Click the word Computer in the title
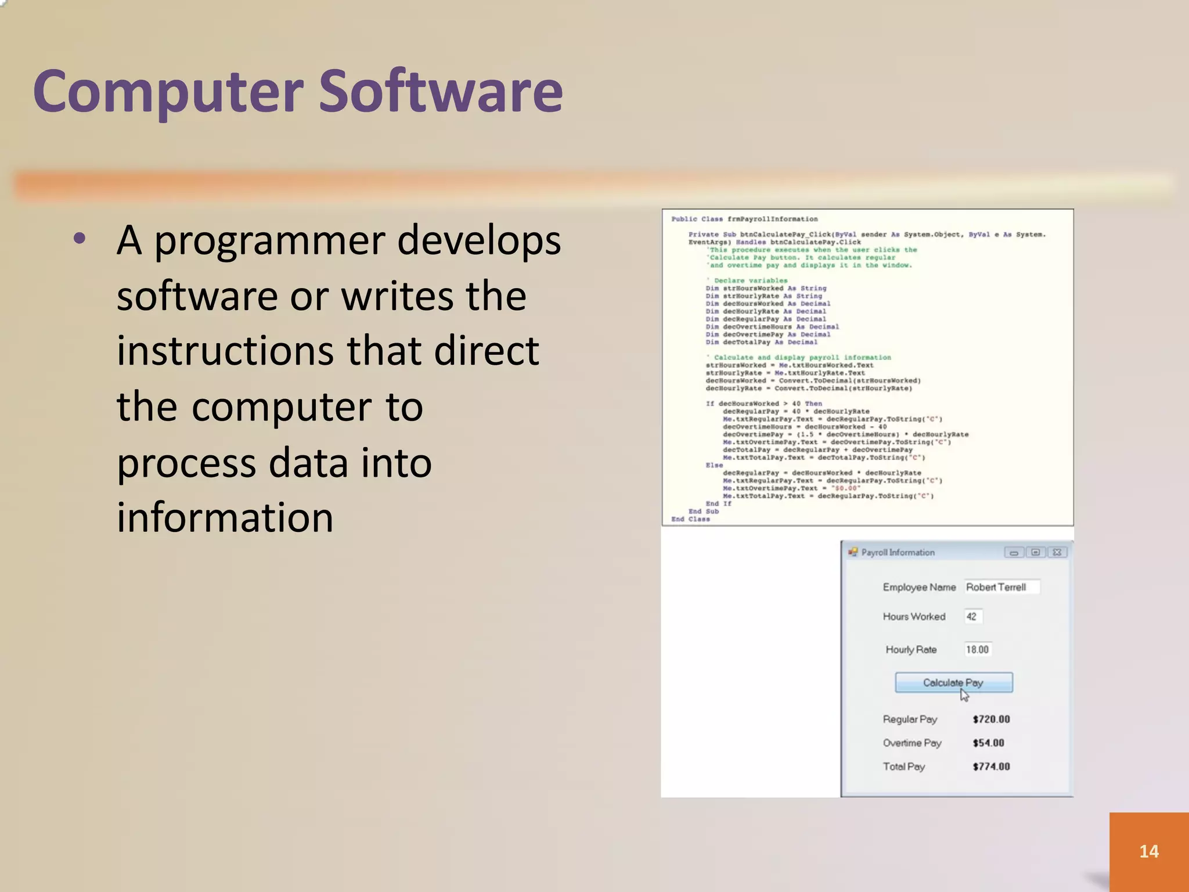168,92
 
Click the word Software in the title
441,92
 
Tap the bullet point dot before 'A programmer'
80,239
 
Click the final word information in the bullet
225,517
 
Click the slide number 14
1148,851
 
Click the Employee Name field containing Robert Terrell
1001,587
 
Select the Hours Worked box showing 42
972,616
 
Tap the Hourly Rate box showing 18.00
978,649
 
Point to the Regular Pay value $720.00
991,719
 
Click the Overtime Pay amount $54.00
988,743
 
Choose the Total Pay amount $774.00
991,767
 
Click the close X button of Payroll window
1057,552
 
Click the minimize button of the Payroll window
1014,552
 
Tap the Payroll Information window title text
898,552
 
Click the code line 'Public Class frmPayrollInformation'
744,219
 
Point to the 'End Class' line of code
690,519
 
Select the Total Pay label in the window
903,767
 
